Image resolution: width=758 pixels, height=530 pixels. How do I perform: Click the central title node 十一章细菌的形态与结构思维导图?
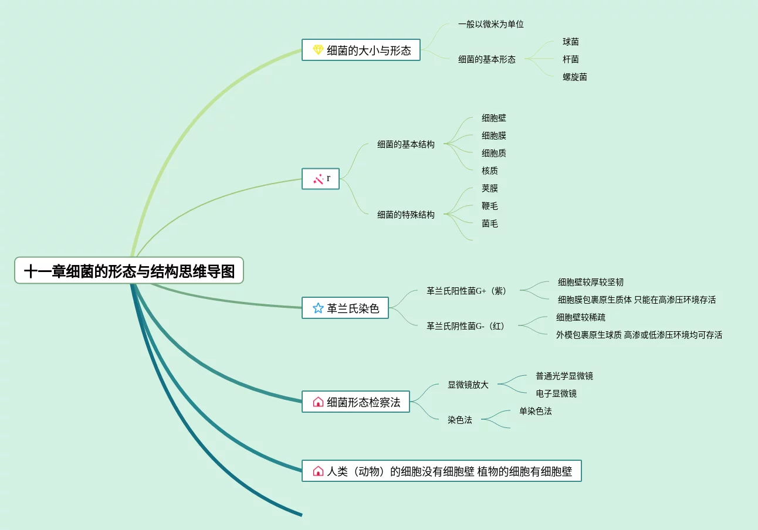tap(129, 271)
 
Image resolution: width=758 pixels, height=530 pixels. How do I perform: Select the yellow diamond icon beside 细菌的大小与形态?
tap(318, 50)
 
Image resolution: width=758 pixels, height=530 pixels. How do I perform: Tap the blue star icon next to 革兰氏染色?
tap(318, 308)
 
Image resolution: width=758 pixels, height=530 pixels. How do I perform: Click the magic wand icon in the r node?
tap(319, 179)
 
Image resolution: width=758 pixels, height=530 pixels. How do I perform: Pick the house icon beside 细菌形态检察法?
tap(318, 402)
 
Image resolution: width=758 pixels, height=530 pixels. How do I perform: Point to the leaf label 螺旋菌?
tap(575, 77)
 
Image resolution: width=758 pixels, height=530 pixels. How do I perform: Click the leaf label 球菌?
tap(571, 42)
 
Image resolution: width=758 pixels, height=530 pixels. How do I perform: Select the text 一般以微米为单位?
tap(491, 24)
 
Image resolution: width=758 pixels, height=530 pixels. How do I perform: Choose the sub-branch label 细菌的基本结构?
tap(406, 144)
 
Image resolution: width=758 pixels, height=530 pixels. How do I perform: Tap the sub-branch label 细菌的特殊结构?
tap(406, 215)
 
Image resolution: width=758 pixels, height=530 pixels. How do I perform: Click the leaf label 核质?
tap(490, 171)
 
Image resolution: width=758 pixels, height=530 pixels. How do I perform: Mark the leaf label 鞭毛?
tap(490, 206)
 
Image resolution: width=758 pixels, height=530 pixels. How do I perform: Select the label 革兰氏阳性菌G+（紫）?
tap(468, 291)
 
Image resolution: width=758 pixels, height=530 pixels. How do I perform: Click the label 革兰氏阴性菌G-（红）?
tap(467, 326)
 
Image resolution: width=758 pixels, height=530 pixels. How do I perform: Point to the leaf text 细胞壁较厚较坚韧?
tap(591, 282)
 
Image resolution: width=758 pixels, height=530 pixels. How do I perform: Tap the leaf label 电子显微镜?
tap(556, 393)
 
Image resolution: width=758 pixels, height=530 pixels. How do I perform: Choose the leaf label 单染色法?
tap(536, 411)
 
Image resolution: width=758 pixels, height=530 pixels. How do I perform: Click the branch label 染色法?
tap(460, 420)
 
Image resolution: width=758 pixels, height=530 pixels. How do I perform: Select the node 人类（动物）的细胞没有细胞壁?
tap(441, 471)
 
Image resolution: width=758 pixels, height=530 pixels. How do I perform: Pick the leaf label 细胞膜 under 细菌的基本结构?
tap(494, 135)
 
